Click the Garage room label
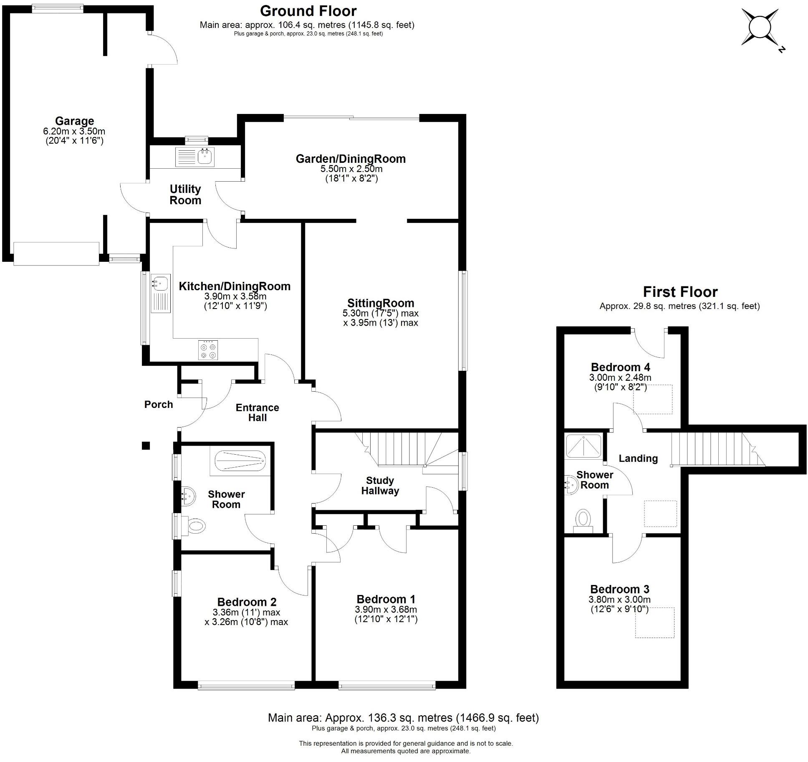pyautogui.click(x=74, y=121)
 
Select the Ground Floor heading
pyautogui.click(x=308, y=11)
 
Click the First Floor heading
pyautogui.click(x=680, y=291)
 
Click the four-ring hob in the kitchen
pyautogui.click(x=208, y=350)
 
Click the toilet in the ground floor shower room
pyautogui.click(x=196, y=525)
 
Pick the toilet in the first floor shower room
pyautogui.click(x=583, y=520)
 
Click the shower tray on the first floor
pyautogui.click(x=583, y=447)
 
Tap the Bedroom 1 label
pyautogui.click(x=386, y=600)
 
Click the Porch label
pyautogui.click(x=159, y=404)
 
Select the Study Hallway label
pyautogui.click(x=380, y=486)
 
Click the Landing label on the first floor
pyautogui.click(x=638, y=458)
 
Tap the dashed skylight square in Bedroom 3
pyautogui.click(x=654, y=623)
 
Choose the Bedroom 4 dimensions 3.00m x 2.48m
pyautogui.click(x=620, y=377)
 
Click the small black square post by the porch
pyautogui.click(x=146, y=446)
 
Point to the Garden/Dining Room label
pyautogui.click(x=351, y=159)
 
